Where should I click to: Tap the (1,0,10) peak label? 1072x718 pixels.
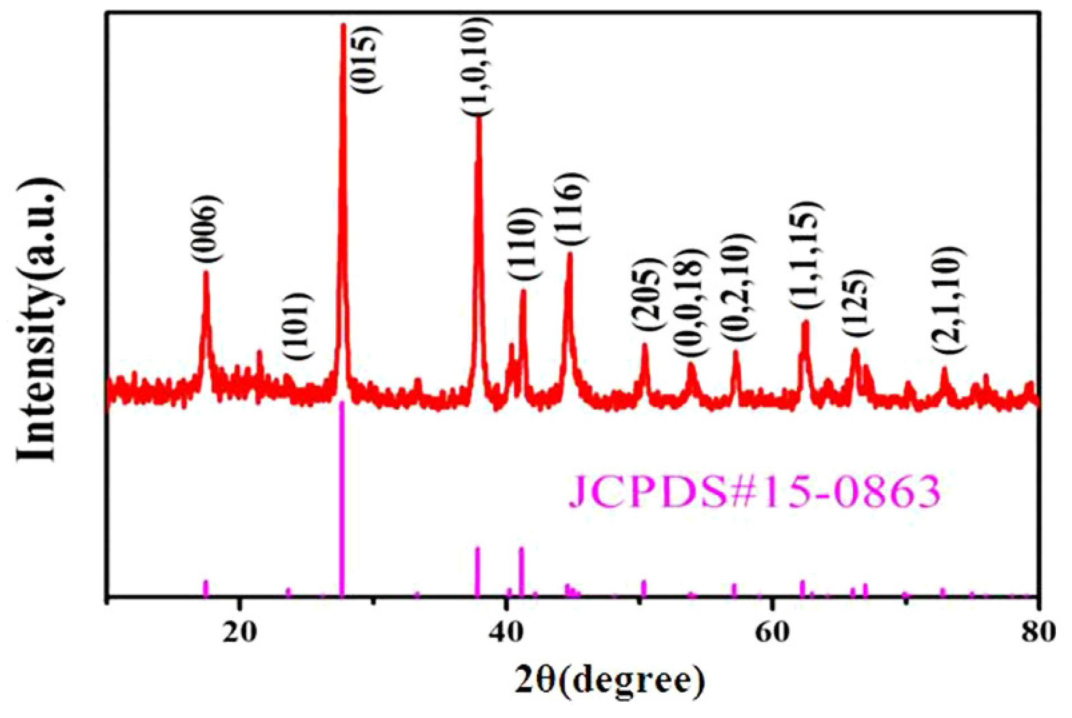click(x=477, y=66)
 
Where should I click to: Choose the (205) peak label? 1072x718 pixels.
click(x=646, y=296)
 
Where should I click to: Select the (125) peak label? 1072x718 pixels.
click(x=857, y=303)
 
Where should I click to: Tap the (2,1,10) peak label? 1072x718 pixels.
click(x=949, y=300)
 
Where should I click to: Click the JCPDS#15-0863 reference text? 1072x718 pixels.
click(x=755, y=492)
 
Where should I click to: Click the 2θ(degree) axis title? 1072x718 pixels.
click(x=609, y=681)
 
